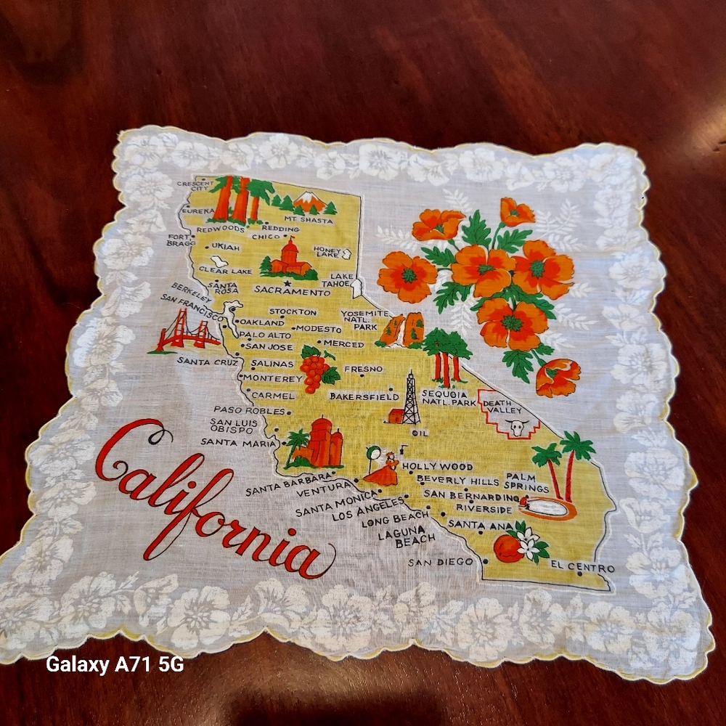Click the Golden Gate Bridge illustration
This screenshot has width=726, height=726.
[187, 332]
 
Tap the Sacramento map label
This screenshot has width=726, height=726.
[287, 291]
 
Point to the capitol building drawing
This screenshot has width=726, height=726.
[290, 258]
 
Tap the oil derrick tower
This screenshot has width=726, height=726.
[410, 399]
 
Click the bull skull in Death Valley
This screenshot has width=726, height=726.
[518, 428]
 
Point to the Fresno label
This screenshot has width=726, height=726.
[363, 369]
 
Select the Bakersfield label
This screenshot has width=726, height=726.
[364, 396]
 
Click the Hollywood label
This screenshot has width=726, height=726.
[437, 466]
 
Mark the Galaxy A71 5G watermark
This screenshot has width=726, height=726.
[115, 664]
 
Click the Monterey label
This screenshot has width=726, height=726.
[272, 378]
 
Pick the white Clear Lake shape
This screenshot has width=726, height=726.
[218, 259]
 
